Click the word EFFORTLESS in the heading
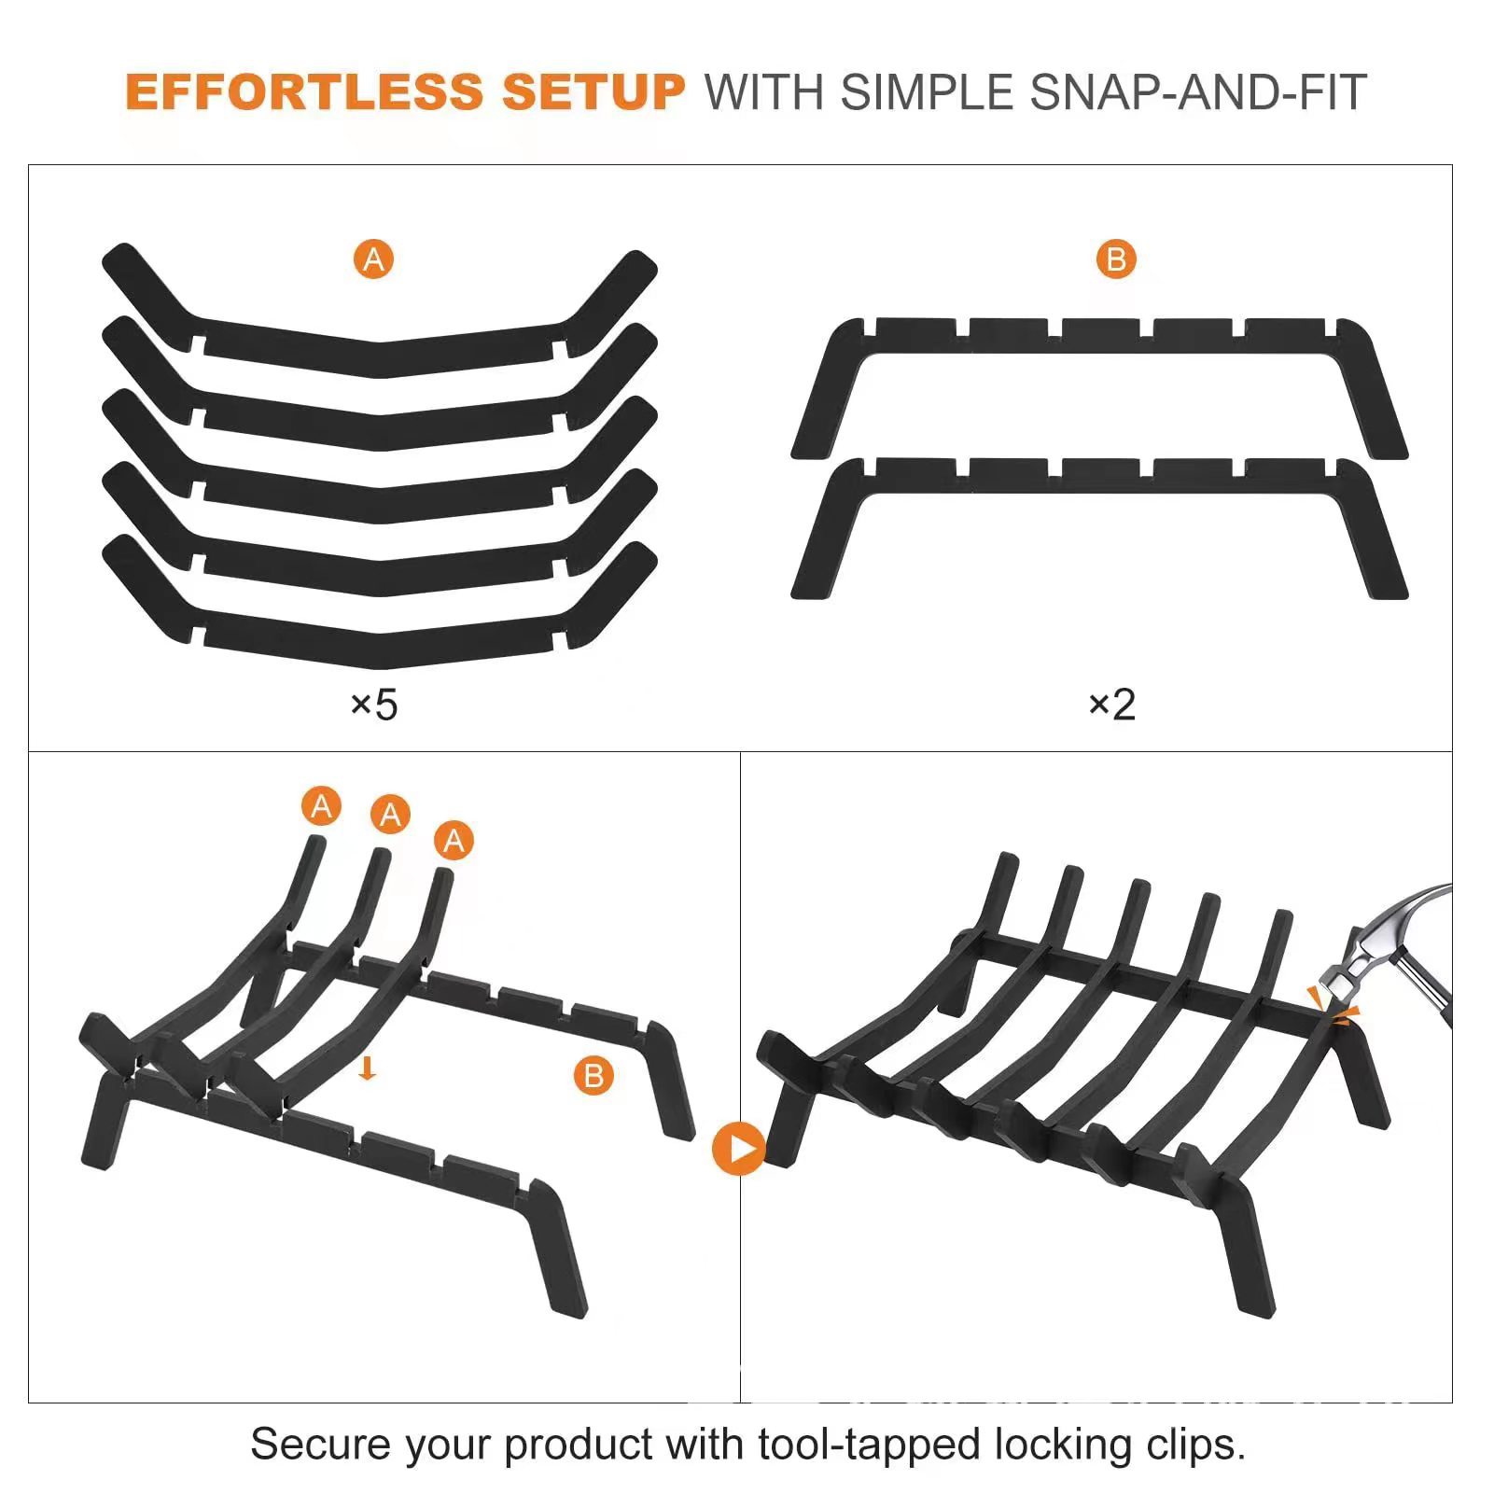(304, 92)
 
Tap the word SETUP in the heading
(593, 92)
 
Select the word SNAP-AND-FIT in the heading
(1198, 92)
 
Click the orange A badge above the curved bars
(373, 258)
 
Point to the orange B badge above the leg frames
(1116, 258)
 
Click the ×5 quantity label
(373, 704)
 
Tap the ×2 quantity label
(1112, 704)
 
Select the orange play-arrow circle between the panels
(739, 1148)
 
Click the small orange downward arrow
(368, 1068)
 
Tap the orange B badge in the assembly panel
(593, 1076)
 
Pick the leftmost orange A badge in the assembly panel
(321, 805)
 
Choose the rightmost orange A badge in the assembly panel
(454, 841)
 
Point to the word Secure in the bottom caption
(320, 1445)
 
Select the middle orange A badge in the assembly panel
(390, 815)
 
